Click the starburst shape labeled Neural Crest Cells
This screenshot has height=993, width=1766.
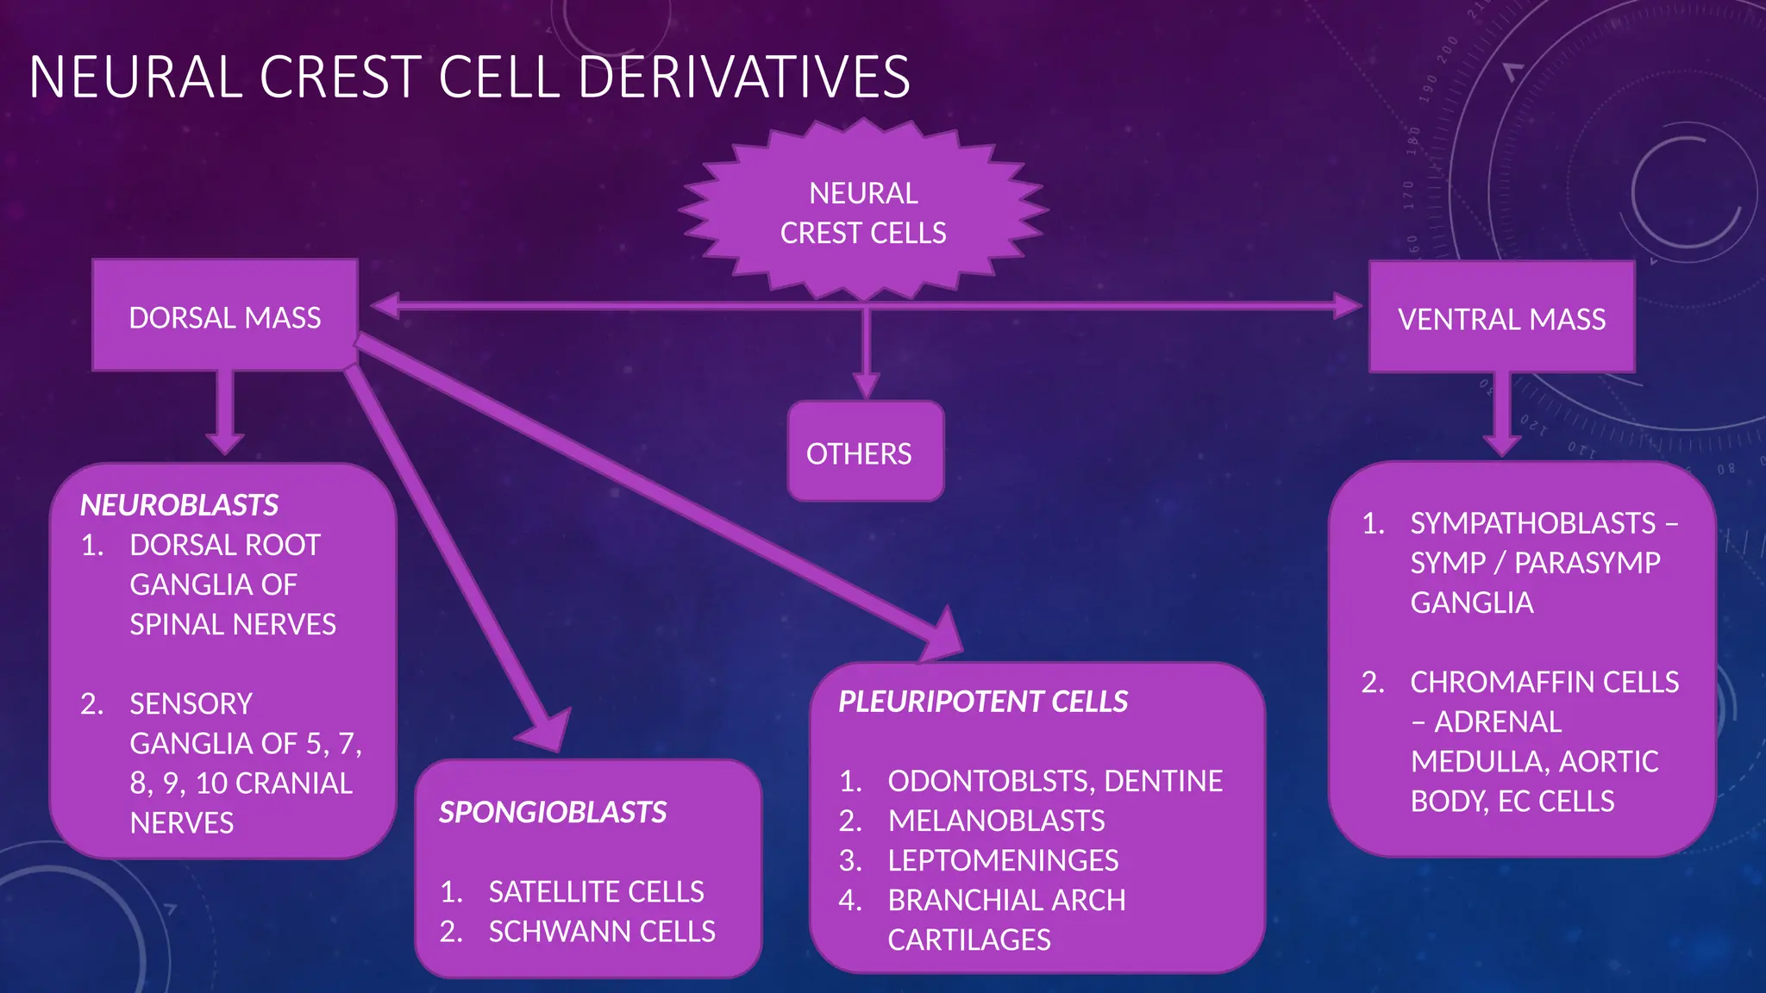coord(863,213)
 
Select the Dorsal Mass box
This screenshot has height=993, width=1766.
coord(225,316)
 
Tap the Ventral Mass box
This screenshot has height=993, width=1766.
coord(1501,319)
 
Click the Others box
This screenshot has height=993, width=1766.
coord(865,453)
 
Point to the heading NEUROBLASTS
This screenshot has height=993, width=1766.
coord(179,505)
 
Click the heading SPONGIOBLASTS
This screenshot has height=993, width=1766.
coord(553,812)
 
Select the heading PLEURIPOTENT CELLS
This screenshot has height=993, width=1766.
coord(983,702)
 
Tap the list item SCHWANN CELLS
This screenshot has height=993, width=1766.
coord(602,932)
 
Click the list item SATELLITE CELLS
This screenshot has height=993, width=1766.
coord(596,892)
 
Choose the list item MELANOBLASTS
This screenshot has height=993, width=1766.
coord(996,821)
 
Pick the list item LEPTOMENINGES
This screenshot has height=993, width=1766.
coord(1003,860)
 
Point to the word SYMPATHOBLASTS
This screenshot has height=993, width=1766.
coord(1532,523)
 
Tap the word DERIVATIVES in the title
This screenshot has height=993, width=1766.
coord(743,78)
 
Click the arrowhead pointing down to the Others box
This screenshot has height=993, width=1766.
coord(866,384)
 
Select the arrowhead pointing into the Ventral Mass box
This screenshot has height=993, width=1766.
coord(1346,305)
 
